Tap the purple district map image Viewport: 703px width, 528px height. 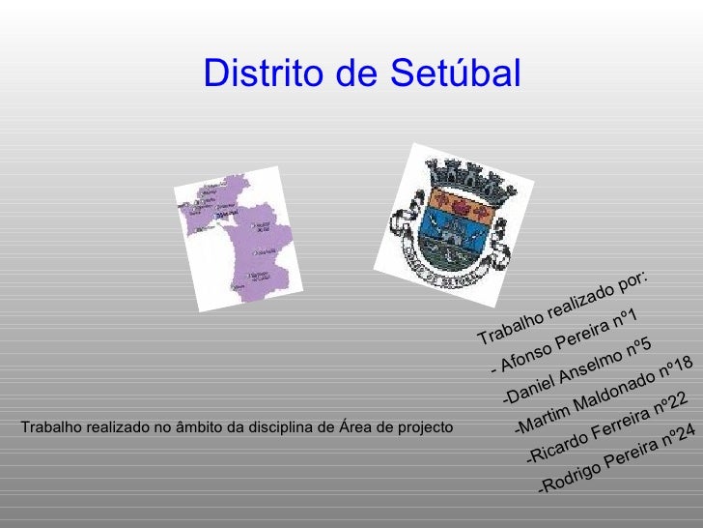pos(238,238)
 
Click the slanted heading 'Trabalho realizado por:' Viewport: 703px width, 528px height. pos(563,306)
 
